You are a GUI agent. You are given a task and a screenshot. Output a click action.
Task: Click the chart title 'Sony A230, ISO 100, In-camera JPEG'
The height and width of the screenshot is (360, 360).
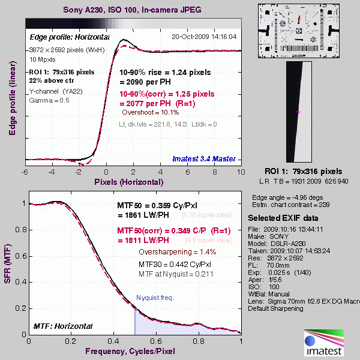[x=131, y=10]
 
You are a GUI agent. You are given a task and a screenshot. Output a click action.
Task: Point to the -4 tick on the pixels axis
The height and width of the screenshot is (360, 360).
[x=52, y=171]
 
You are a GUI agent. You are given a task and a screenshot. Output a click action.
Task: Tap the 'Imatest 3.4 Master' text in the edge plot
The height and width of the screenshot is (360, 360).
[x=203, y=159]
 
